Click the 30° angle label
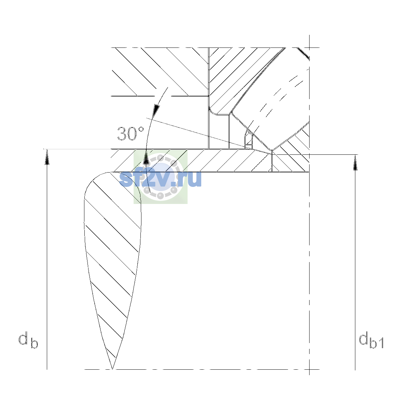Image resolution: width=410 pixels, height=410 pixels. point(131,134)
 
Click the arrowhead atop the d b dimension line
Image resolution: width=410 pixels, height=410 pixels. point(47,157)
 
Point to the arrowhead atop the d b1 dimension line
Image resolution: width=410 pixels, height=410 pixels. point(355,163)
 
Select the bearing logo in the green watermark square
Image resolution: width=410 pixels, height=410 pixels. point(161,177)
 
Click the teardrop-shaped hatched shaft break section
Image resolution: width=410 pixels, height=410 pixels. point(112,245)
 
